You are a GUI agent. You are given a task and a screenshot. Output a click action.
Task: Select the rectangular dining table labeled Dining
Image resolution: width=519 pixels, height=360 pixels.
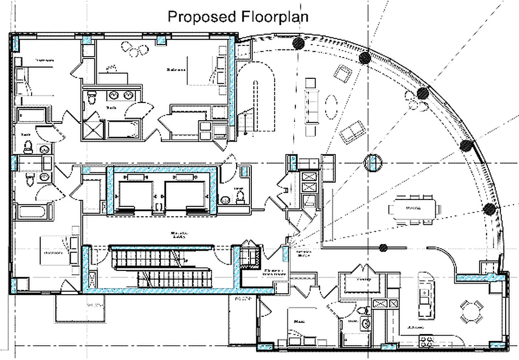point(413,208)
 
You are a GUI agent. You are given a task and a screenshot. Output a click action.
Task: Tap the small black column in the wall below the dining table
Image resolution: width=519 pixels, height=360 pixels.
point(383,247)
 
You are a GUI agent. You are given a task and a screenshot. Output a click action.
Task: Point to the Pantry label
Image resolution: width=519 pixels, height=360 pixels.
point(363,279)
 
